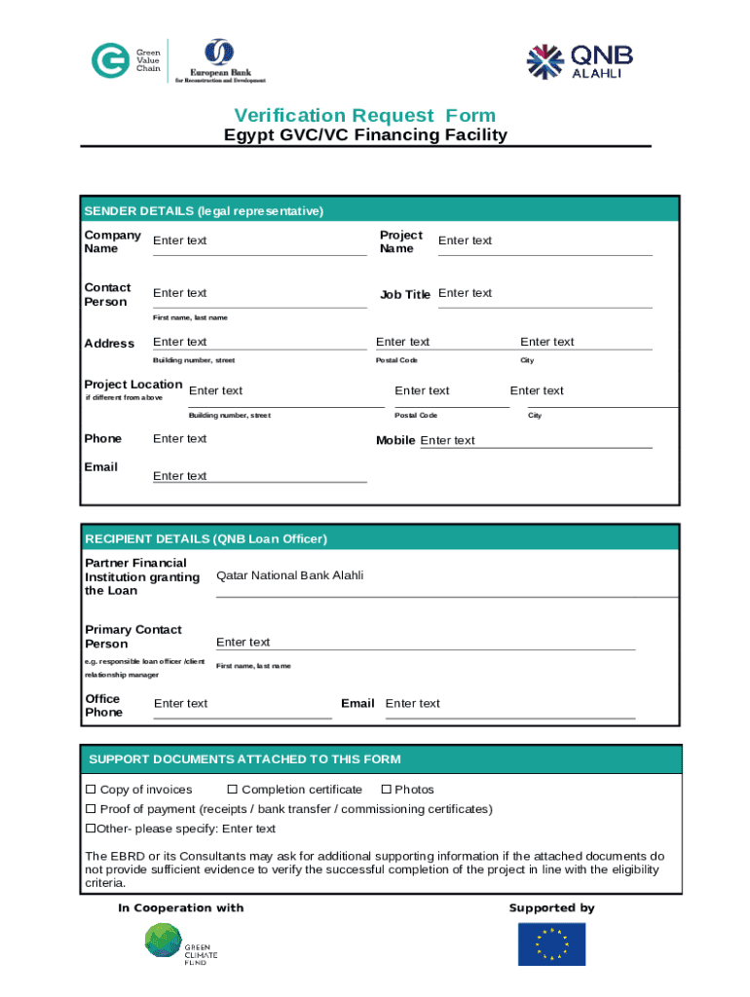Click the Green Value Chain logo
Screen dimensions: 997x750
(x=127, y=60)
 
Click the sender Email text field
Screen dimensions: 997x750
(x=259, y=476)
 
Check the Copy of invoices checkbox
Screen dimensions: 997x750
(x=92, y=790)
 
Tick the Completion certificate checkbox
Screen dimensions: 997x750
(x=233, y=790)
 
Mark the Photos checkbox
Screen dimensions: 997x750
(x=386, y=790)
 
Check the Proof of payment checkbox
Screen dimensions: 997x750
(x=92, y=809)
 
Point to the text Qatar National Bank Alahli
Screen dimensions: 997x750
(x=290, y=575)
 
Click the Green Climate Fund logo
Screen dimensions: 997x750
(x=180, y=944)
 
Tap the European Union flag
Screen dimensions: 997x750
(x=551, y=943)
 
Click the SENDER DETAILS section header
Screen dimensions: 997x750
(x=204, y=210)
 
